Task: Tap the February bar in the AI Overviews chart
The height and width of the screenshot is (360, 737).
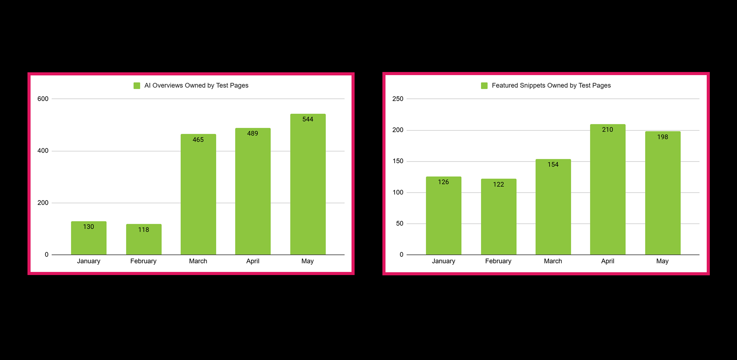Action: [144, 243]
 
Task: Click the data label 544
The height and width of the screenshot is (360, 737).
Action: [308, 119]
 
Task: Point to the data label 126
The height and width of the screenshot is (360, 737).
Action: [443, 182]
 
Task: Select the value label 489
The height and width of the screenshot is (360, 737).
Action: [252, 133]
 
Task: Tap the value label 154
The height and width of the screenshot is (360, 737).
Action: [553, 165]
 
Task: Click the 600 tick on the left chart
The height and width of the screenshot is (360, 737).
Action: [43, 99]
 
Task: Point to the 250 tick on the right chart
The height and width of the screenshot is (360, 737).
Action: [398, 99]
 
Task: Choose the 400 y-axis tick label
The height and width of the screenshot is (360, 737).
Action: [43, 151]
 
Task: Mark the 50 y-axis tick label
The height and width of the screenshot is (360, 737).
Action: [399, 223]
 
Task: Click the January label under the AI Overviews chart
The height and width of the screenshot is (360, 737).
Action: [89, 261]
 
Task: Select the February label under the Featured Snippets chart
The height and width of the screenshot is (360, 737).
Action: [498, 261]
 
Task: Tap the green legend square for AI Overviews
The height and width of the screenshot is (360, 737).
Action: [137, 86]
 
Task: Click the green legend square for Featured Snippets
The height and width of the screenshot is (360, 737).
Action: [484, 86]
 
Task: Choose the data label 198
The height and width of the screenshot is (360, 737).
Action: [662, 137]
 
